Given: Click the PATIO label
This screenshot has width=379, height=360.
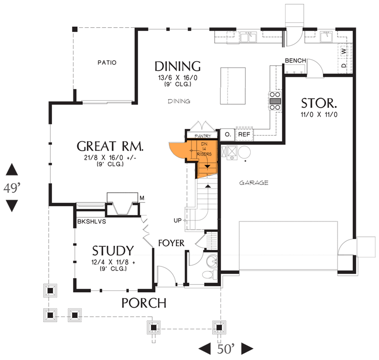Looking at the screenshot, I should (107, 63).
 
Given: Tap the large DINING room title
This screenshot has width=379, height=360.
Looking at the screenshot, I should (177, 66).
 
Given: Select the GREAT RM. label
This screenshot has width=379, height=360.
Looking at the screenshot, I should (110, 147).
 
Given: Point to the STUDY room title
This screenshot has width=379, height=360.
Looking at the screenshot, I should (113, 251).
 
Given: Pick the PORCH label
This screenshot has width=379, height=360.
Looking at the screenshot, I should (144, 303).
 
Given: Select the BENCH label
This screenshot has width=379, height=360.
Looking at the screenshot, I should (295, 61).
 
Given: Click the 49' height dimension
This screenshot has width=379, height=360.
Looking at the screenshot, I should (12, 189).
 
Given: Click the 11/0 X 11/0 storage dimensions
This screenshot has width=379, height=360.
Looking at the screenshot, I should (319, 115).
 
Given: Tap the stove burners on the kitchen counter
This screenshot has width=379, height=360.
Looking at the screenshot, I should (275, 100).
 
